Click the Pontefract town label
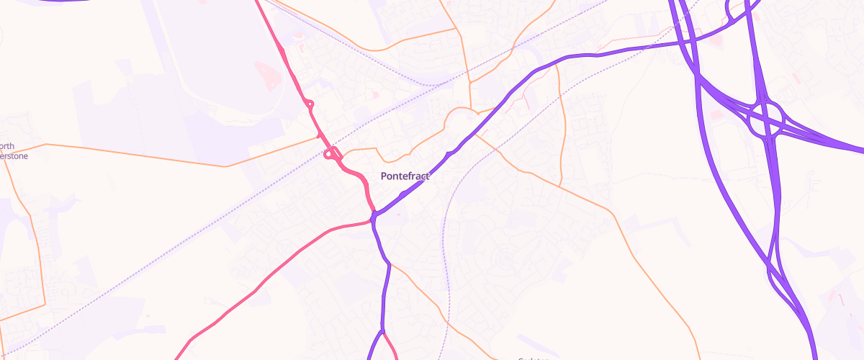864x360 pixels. coord(405,176)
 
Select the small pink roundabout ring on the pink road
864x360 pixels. coord(310,104)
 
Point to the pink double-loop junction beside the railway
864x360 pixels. coord(332,153)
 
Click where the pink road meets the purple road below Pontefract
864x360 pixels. coord(374,219)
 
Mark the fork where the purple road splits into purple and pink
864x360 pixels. coord(382,332)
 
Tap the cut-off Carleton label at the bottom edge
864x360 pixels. coord(534,358)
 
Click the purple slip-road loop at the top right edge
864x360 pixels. coord(736,10)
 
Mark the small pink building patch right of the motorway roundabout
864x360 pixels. coord(796,75)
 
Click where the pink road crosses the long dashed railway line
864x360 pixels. coord(321,136)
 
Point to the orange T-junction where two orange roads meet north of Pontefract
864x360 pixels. coord(469,81)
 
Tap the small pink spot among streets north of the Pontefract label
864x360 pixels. coord(374,94)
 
